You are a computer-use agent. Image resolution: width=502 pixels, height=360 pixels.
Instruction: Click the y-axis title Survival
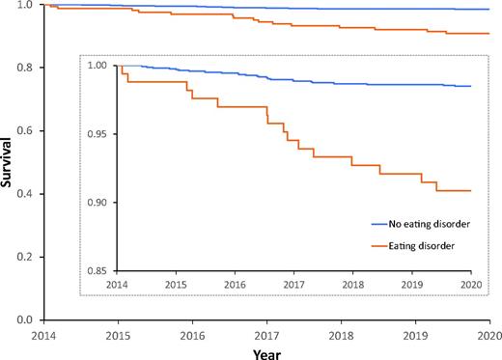(9, 161)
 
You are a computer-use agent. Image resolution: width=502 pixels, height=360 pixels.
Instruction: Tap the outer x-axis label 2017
(265, 334)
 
